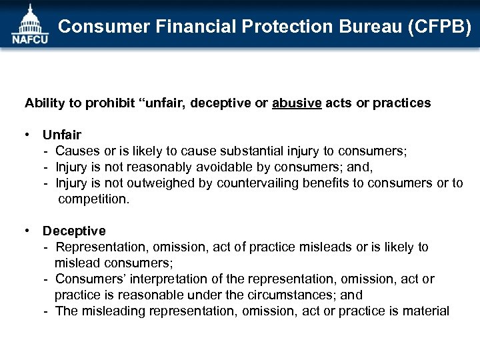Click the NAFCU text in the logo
(30, 39)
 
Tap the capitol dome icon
(29, 19)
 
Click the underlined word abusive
(297, 103)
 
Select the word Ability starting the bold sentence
(43, 103)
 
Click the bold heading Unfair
(62, 135)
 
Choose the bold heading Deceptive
(74, 231)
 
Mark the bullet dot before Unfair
(28, 135)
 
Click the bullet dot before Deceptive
(28, 231)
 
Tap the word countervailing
(259, 183)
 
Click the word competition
(93, 199)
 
